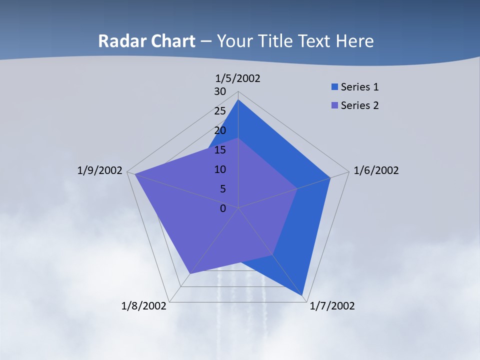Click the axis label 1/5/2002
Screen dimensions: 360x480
click(x=238, y=78)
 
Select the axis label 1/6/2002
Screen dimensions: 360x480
click(x=376, y=170)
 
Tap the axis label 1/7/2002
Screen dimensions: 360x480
click(x=332, y=306)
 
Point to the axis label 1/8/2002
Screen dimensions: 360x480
click(x=143, y=306)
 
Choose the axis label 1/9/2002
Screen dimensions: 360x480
click(x=99, y=170)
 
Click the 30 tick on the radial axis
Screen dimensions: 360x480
click(x=220, y=91)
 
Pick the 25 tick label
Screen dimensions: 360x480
click(x=220, y=111)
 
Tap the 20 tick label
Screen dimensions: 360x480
click(x=220, y=130)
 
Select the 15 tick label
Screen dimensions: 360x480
click(x=220, y=150)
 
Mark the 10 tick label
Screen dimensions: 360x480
click(x=220, y=169)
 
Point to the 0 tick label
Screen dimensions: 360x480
click(x=223, y=208)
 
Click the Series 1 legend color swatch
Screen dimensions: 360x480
click(x=334, y=87)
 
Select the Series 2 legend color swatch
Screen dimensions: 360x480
click(x=334, y=105)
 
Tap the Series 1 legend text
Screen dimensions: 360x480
click(x=359, y=87)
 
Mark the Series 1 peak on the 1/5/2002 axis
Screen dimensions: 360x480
click(x=238, y=100)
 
